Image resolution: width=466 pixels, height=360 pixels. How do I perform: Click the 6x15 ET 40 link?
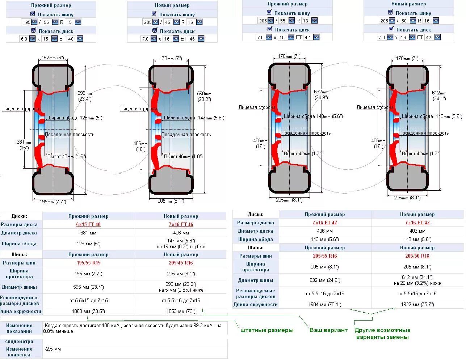click(x=88, y=224)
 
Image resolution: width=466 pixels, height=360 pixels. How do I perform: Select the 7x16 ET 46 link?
click(x=181, y=224)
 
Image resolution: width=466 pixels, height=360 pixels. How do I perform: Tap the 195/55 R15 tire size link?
click(x=88, y=263)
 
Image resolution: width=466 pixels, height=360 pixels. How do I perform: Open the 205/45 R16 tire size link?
click(x=181, y=263)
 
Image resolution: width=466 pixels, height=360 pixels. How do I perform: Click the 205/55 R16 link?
click(x=325, y=256)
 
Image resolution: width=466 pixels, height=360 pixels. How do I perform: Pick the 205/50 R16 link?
click(x=417, y=256)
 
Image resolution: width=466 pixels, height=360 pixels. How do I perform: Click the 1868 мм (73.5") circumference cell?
click(x=88, y=311)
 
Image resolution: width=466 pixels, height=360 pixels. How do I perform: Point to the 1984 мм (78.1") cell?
click(x=325, y=304)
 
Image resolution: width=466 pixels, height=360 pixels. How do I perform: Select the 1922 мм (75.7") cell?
click(x=417, y=304)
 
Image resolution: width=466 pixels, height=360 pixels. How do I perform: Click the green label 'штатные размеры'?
click(x=267, y=330)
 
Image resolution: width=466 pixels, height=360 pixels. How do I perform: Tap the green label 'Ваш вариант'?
click(x=328, y=330)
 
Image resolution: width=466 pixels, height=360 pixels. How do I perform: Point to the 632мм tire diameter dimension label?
click(x=321, y=94)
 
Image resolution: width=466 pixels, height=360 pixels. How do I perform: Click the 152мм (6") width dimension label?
click(x=53, y=58)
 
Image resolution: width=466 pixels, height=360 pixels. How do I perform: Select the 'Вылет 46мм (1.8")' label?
click(x=183, y=156)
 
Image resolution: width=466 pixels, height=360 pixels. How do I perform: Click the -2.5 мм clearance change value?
click(x=53, y=349)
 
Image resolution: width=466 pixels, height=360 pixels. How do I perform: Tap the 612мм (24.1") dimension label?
click(x=439, y=96)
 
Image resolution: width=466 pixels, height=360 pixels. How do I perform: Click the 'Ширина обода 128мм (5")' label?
click(x=75, y=118)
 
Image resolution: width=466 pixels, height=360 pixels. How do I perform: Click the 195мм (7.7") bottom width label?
click(x=53, y=202)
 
